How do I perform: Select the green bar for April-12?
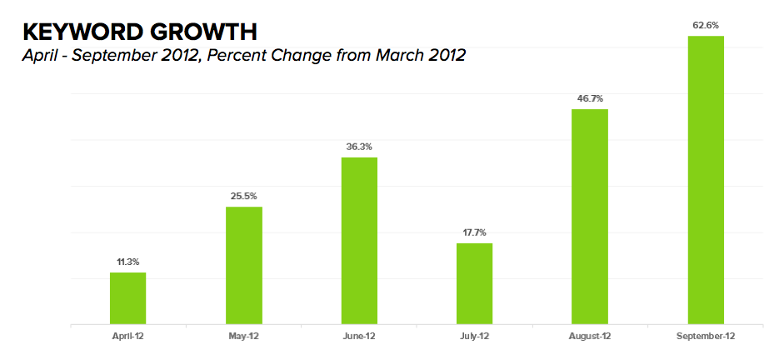(x=127, y=297)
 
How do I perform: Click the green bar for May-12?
(x=243, y=265)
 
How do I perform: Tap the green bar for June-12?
(x=359, y=240)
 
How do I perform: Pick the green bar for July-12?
(x=474, y=283)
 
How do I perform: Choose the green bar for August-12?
(x=590, y=216)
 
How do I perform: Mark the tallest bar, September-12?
(x=706, y=179)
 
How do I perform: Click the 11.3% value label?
(x=127, y=262)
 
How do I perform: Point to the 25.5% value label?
(x=243, y=197)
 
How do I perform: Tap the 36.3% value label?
(x=359, y=147)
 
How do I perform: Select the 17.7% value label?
(x=474, y=232)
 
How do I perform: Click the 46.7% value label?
(x=590, y=98)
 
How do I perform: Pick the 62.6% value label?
(x=706, y=25)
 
